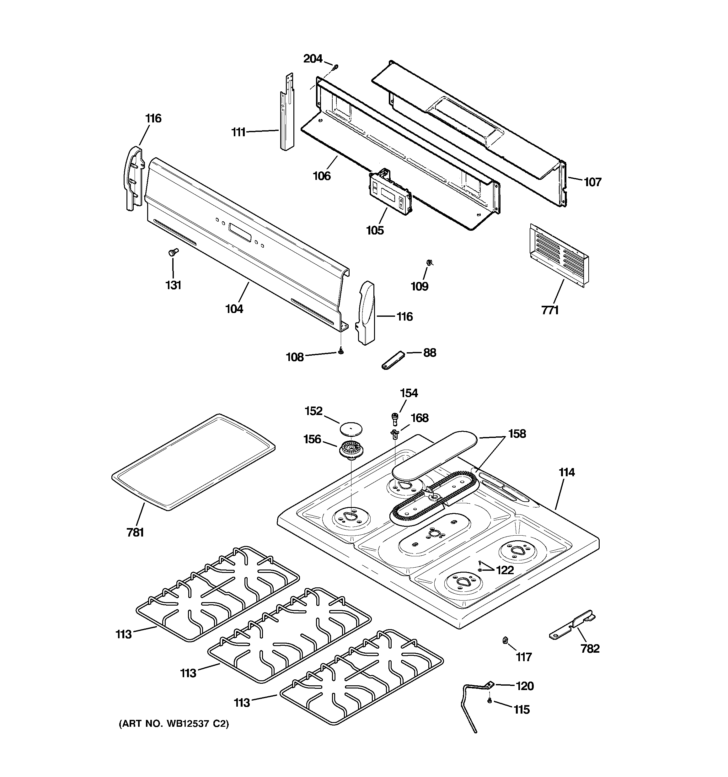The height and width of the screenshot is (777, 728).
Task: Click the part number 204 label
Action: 313,59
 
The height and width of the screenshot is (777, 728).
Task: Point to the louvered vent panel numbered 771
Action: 559,254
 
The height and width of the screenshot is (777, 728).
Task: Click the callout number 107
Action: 592,182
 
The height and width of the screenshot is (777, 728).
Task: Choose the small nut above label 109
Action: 429,262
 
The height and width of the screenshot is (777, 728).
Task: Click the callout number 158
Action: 517,434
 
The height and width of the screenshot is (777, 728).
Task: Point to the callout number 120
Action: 524,686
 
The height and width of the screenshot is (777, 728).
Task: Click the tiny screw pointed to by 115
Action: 489,701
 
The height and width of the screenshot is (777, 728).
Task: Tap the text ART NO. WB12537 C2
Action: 174,724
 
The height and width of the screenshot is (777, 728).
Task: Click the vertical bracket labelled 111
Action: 286,117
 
